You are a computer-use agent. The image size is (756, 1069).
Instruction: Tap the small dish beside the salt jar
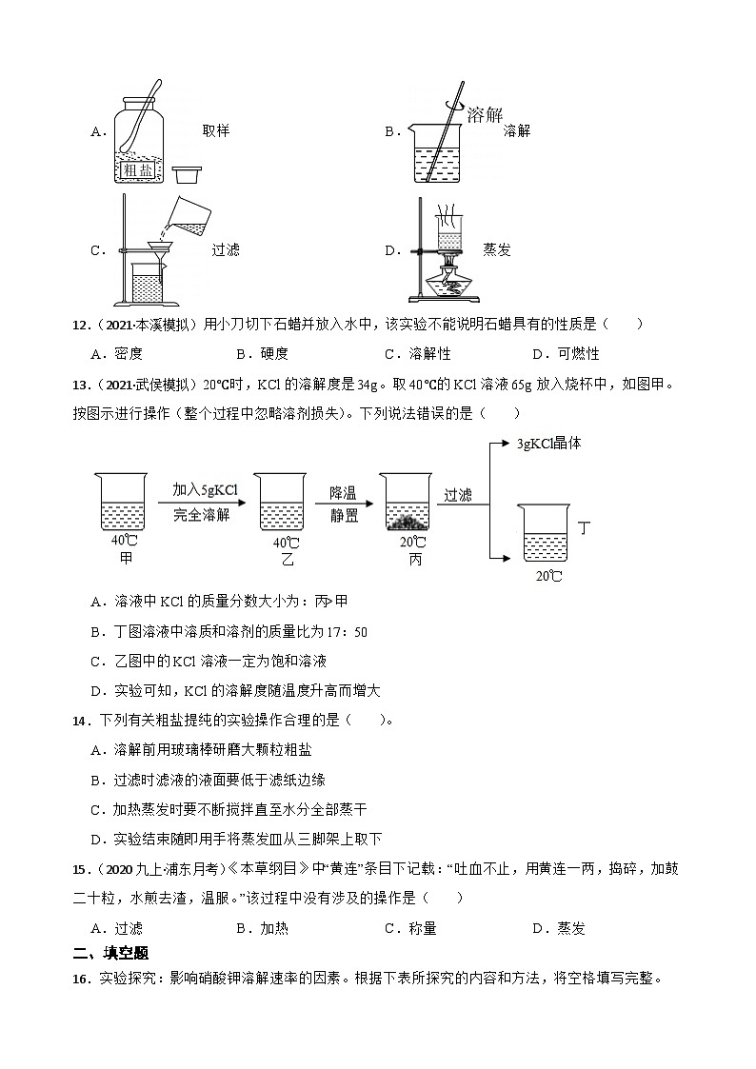[187, 174]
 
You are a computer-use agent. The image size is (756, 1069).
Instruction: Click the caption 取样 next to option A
[216, 131]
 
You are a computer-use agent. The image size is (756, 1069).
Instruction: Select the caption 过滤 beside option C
[226, 250]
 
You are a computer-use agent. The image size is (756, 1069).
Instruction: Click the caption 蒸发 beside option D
[497, 250]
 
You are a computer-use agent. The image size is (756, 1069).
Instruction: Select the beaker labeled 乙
[286, 503]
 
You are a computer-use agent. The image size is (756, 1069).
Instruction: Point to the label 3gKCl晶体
[548, 443]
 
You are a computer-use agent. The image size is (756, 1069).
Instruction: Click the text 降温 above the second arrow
[343, 491]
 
